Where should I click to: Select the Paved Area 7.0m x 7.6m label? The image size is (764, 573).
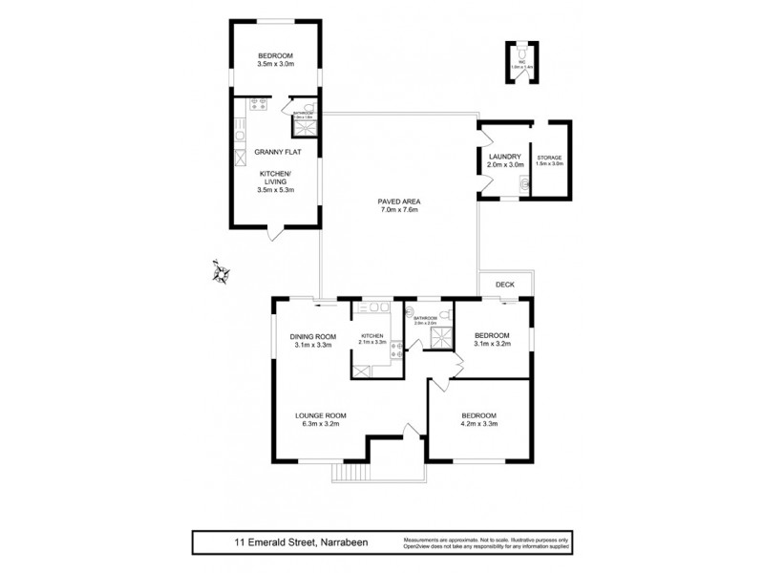pyautogui.click(x=398, y=206)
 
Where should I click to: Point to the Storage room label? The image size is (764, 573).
pyautogui.click(x=549, y=159)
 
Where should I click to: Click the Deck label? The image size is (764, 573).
pyautogui.click(x=505, y=284)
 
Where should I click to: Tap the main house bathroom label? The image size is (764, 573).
pyautogui.click(x=426, y=320)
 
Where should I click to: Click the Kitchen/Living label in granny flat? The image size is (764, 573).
pyautogui.click(x=276, y=181)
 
